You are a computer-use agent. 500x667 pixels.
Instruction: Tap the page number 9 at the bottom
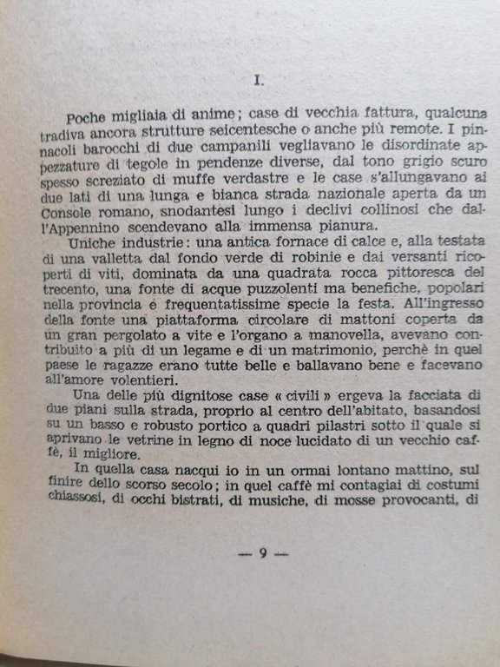point(262,555)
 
